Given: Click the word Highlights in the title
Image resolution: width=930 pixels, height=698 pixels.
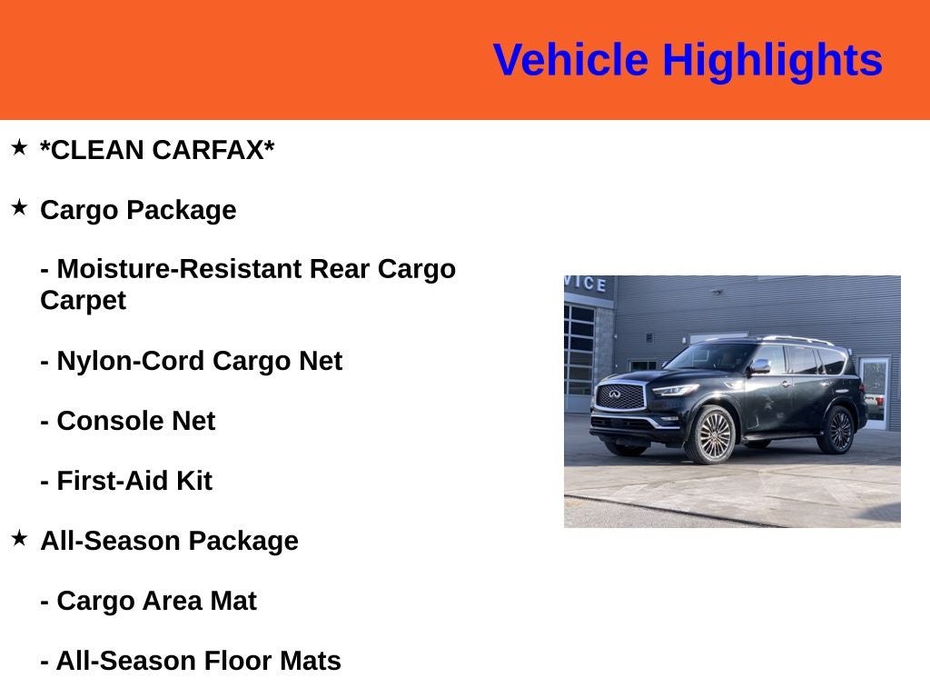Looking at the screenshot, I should coord(772,61).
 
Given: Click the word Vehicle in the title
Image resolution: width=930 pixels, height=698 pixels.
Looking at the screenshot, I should coord(570,61).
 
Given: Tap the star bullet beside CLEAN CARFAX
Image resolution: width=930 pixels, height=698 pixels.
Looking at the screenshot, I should coord(19,147).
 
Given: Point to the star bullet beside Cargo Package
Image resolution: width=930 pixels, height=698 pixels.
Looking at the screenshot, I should coord(19,207).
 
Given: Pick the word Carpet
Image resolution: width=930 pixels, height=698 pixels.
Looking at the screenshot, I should coord(83,300).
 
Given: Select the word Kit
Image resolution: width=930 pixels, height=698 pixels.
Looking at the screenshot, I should coord(193,481).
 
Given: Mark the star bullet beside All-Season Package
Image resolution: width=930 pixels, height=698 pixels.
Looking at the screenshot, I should coord(19,538).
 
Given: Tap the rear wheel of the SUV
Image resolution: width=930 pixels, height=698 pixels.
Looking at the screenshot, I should coord(836,430).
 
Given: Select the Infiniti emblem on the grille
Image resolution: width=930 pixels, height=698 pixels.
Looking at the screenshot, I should coord(614,394).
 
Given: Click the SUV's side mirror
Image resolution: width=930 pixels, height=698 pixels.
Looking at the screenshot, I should coord(759,365).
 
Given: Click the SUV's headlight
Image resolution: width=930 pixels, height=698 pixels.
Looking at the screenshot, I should coord(673,389).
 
